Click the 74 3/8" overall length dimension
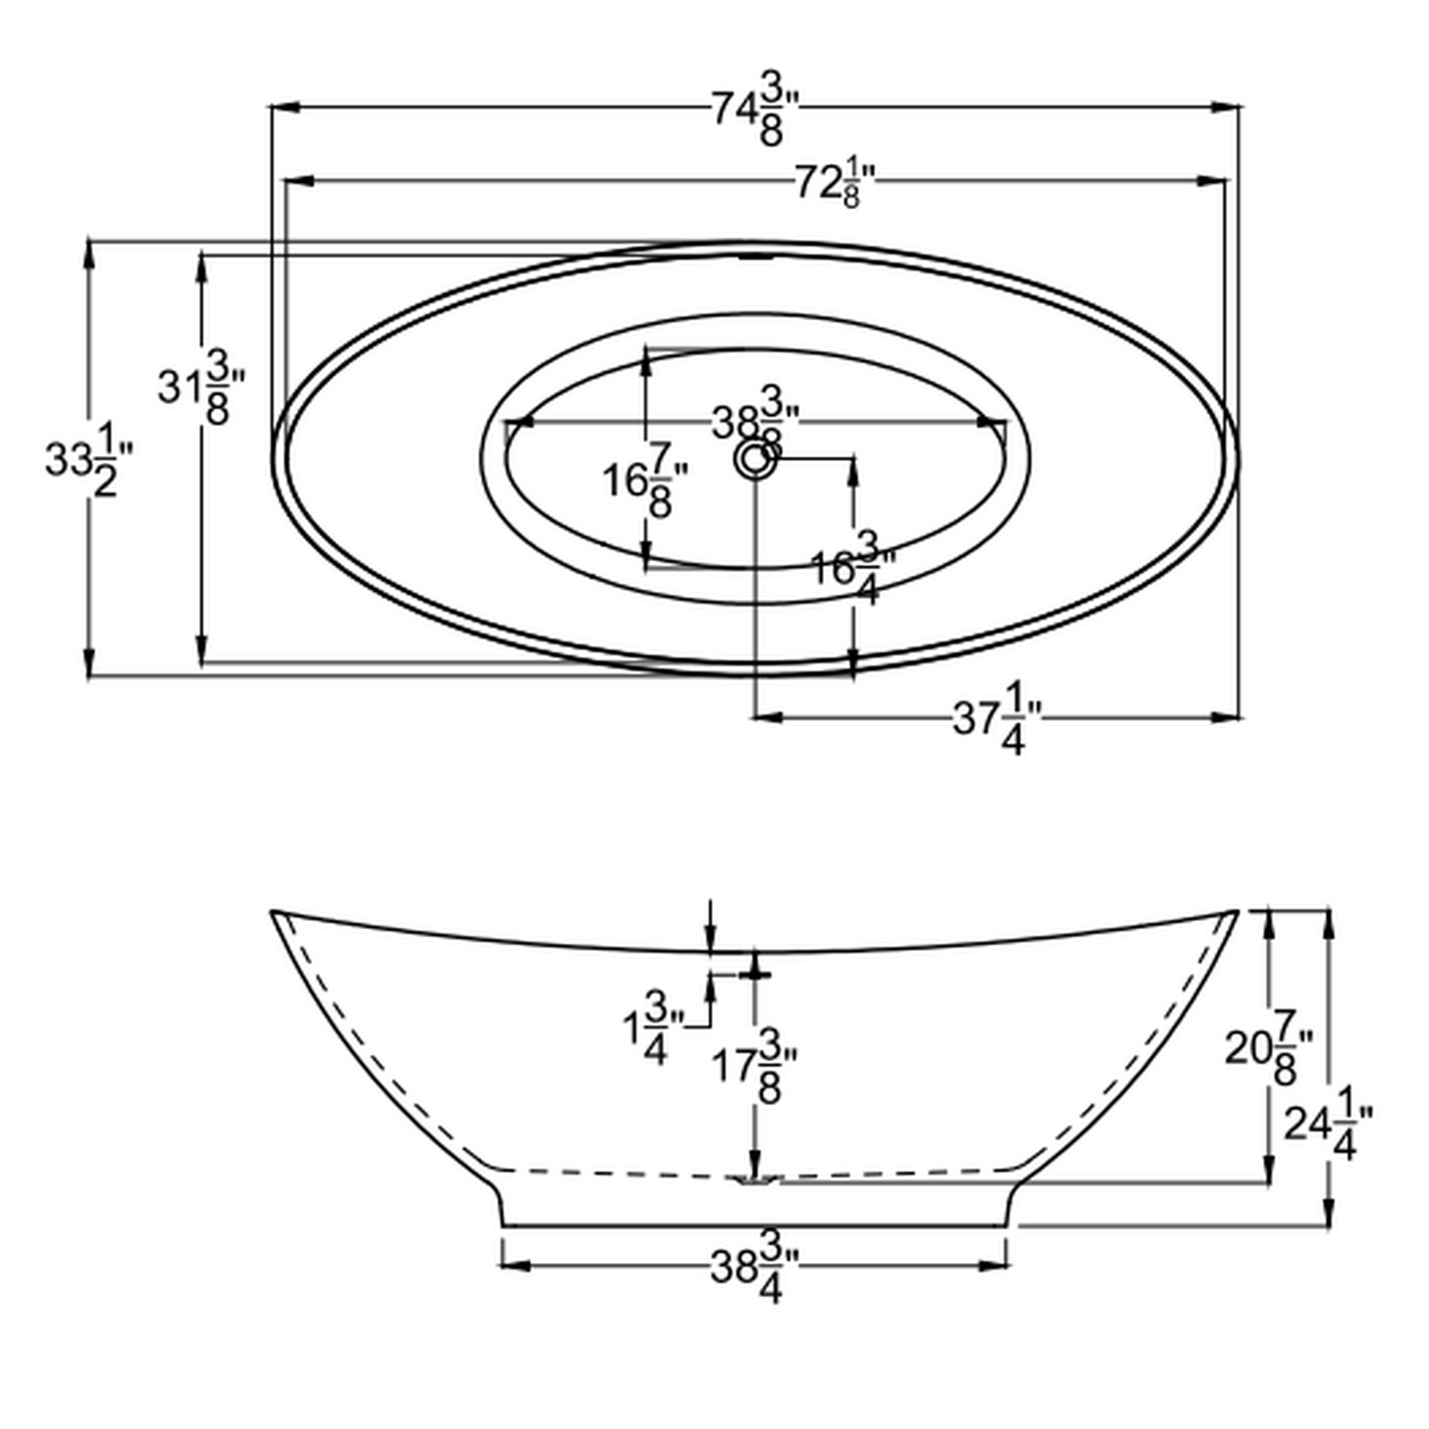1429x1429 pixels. [755, 112]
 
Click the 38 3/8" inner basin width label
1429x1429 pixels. [754, 423]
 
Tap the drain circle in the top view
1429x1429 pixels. [753, 460]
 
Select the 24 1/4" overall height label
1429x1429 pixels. [1328, 1124]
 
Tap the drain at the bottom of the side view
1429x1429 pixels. [754, 1181]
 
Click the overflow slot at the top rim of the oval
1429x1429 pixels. [755, 258]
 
